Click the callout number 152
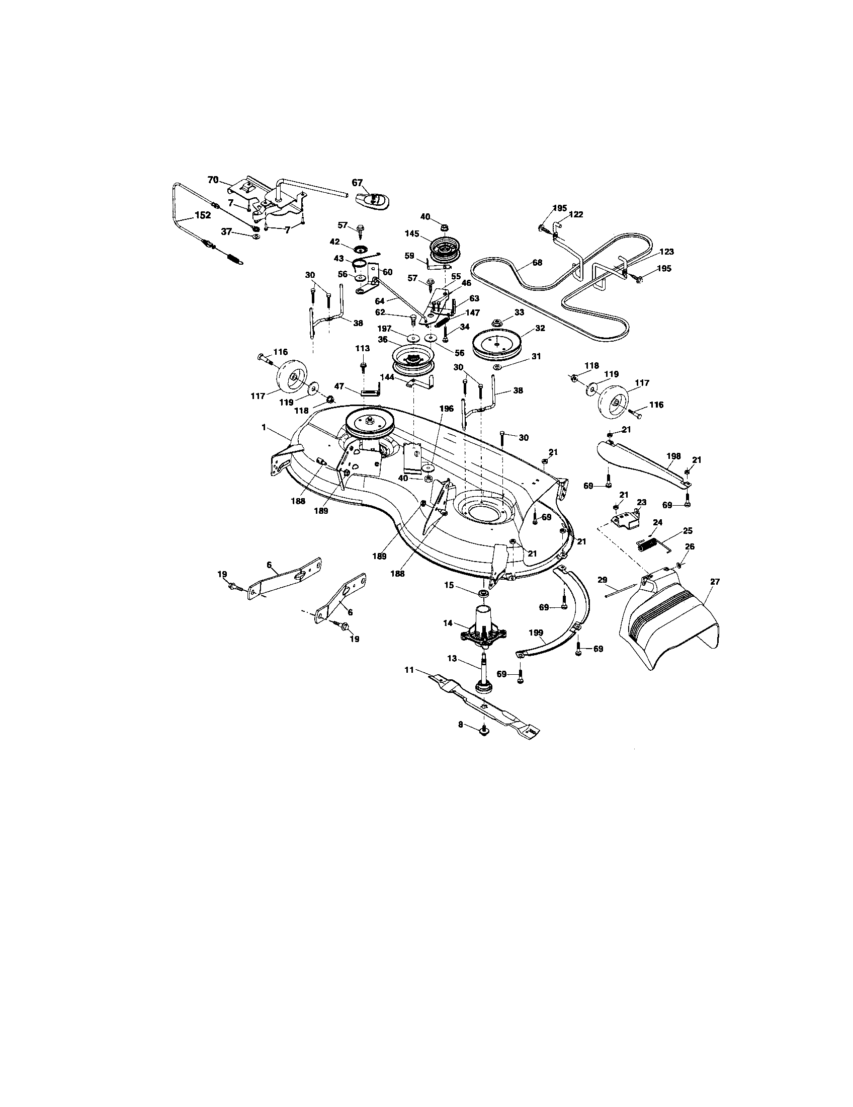coord(202,215)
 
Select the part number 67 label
coord(358,183)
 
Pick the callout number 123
coord(666,252)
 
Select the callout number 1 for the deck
coord(264,427)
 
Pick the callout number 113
coord(363,348)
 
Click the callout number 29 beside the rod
coord(602,579)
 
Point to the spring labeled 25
coord(648,545)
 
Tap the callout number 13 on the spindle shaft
coord(452,659)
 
